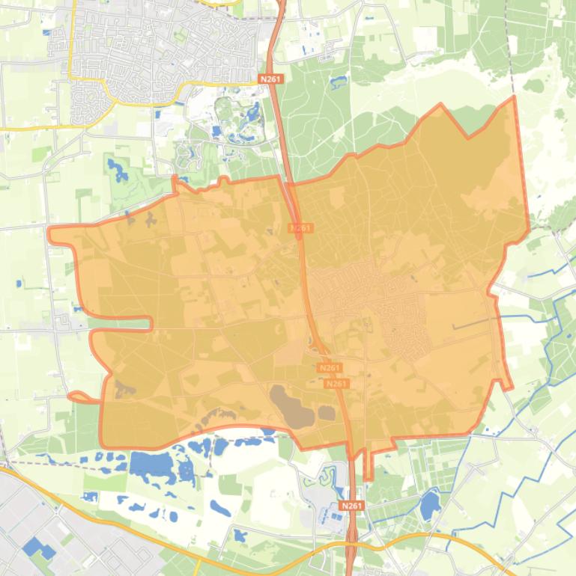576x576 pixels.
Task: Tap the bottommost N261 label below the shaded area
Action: point(351,506)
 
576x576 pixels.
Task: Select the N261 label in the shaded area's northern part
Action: point(301,227)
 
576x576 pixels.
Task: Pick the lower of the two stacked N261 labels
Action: point(337,384)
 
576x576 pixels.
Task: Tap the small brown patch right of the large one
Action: point(327,412)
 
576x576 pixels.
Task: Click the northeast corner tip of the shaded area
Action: point(515,97)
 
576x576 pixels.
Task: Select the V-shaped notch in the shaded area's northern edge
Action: point(470,136)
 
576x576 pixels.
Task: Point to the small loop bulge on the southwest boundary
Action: point(76,396)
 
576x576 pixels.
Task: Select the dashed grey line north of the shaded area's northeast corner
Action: point(509,45)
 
